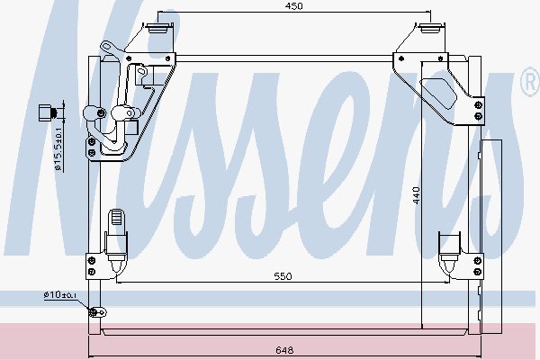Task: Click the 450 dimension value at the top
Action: (293, 6)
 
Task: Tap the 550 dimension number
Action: (283, 276)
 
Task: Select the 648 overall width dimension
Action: (284, 350)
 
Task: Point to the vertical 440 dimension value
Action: (416, 195)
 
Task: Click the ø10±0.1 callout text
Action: (60, 295)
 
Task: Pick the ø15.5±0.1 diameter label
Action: (58, 149)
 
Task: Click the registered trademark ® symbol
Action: (530, 82)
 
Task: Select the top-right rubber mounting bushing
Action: (430, 28)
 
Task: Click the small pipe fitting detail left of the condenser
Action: (48, 112)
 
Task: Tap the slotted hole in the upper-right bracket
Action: (439, 94)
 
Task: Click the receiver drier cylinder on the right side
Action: (491, 237)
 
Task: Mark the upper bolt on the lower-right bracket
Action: (478, 261)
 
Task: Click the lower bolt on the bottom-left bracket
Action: (92, 272)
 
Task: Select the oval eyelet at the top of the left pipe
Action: (107, 46)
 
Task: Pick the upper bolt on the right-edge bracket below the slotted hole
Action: (478, 105)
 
